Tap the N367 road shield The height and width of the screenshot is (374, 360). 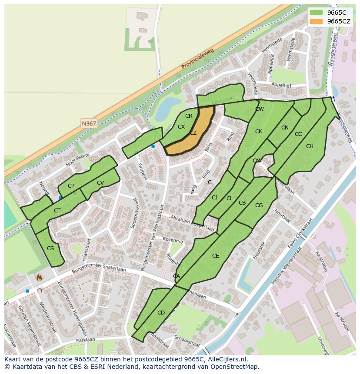click(89, 124)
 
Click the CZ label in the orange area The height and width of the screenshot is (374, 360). click(193, 133)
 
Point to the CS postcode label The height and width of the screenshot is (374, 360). click(50, 248)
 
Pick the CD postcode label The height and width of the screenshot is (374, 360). click(161, 313)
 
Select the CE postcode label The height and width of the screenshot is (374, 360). click(215, 256)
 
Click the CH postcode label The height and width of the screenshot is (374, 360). click(310, 146)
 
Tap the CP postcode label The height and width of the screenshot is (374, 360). click(71, 186)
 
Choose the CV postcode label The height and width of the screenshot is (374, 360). click(100, 183)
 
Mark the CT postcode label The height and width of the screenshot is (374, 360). click(57, 211)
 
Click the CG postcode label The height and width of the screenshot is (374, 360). click(259, 205)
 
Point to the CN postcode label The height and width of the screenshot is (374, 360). click(285, 128)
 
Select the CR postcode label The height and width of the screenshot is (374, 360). click(189, 116)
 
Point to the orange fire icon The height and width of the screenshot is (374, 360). click(39, 277)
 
